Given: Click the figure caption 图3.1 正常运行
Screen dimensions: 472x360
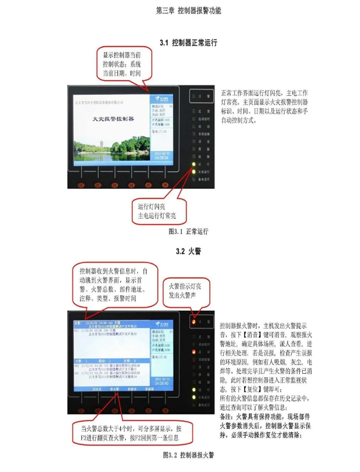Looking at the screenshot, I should [x=188, y=232].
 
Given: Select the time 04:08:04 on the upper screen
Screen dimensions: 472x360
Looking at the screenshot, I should [x=161, y=158].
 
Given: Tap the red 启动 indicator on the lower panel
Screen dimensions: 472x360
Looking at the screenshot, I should [x=193, y=352].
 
